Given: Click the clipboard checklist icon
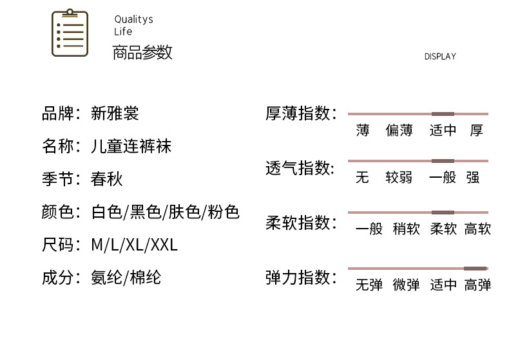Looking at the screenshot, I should point(70,33).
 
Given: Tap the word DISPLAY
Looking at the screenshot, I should point(440,57).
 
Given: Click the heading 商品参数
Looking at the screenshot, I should point(142,53).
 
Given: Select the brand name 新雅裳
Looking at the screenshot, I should point(115,114).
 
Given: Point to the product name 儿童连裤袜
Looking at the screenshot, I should point(131,146).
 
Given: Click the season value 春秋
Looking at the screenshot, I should point(107,179).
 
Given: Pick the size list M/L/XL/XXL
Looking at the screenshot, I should point(135,245).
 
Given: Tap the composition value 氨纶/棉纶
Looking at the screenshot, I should point(126,278).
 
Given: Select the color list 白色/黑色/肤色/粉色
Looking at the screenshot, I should point(166,212).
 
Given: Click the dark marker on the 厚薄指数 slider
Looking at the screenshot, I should point(443,114).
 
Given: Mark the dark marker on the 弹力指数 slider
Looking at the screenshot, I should point(475,269).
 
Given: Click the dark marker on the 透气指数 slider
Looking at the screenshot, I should point(443,161).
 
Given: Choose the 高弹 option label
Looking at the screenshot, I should point(477,285).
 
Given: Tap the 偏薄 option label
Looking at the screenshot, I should point(399,131).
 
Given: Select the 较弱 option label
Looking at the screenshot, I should point(399,178).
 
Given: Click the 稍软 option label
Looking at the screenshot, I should point(406,229).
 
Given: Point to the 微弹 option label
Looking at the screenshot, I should point(406,285).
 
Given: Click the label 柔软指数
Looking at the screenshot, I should point(301,223).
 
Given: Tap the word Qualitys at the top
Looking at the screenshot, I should point(133,19).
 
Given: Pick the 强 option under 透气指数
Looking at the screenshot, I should point(473,178).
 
